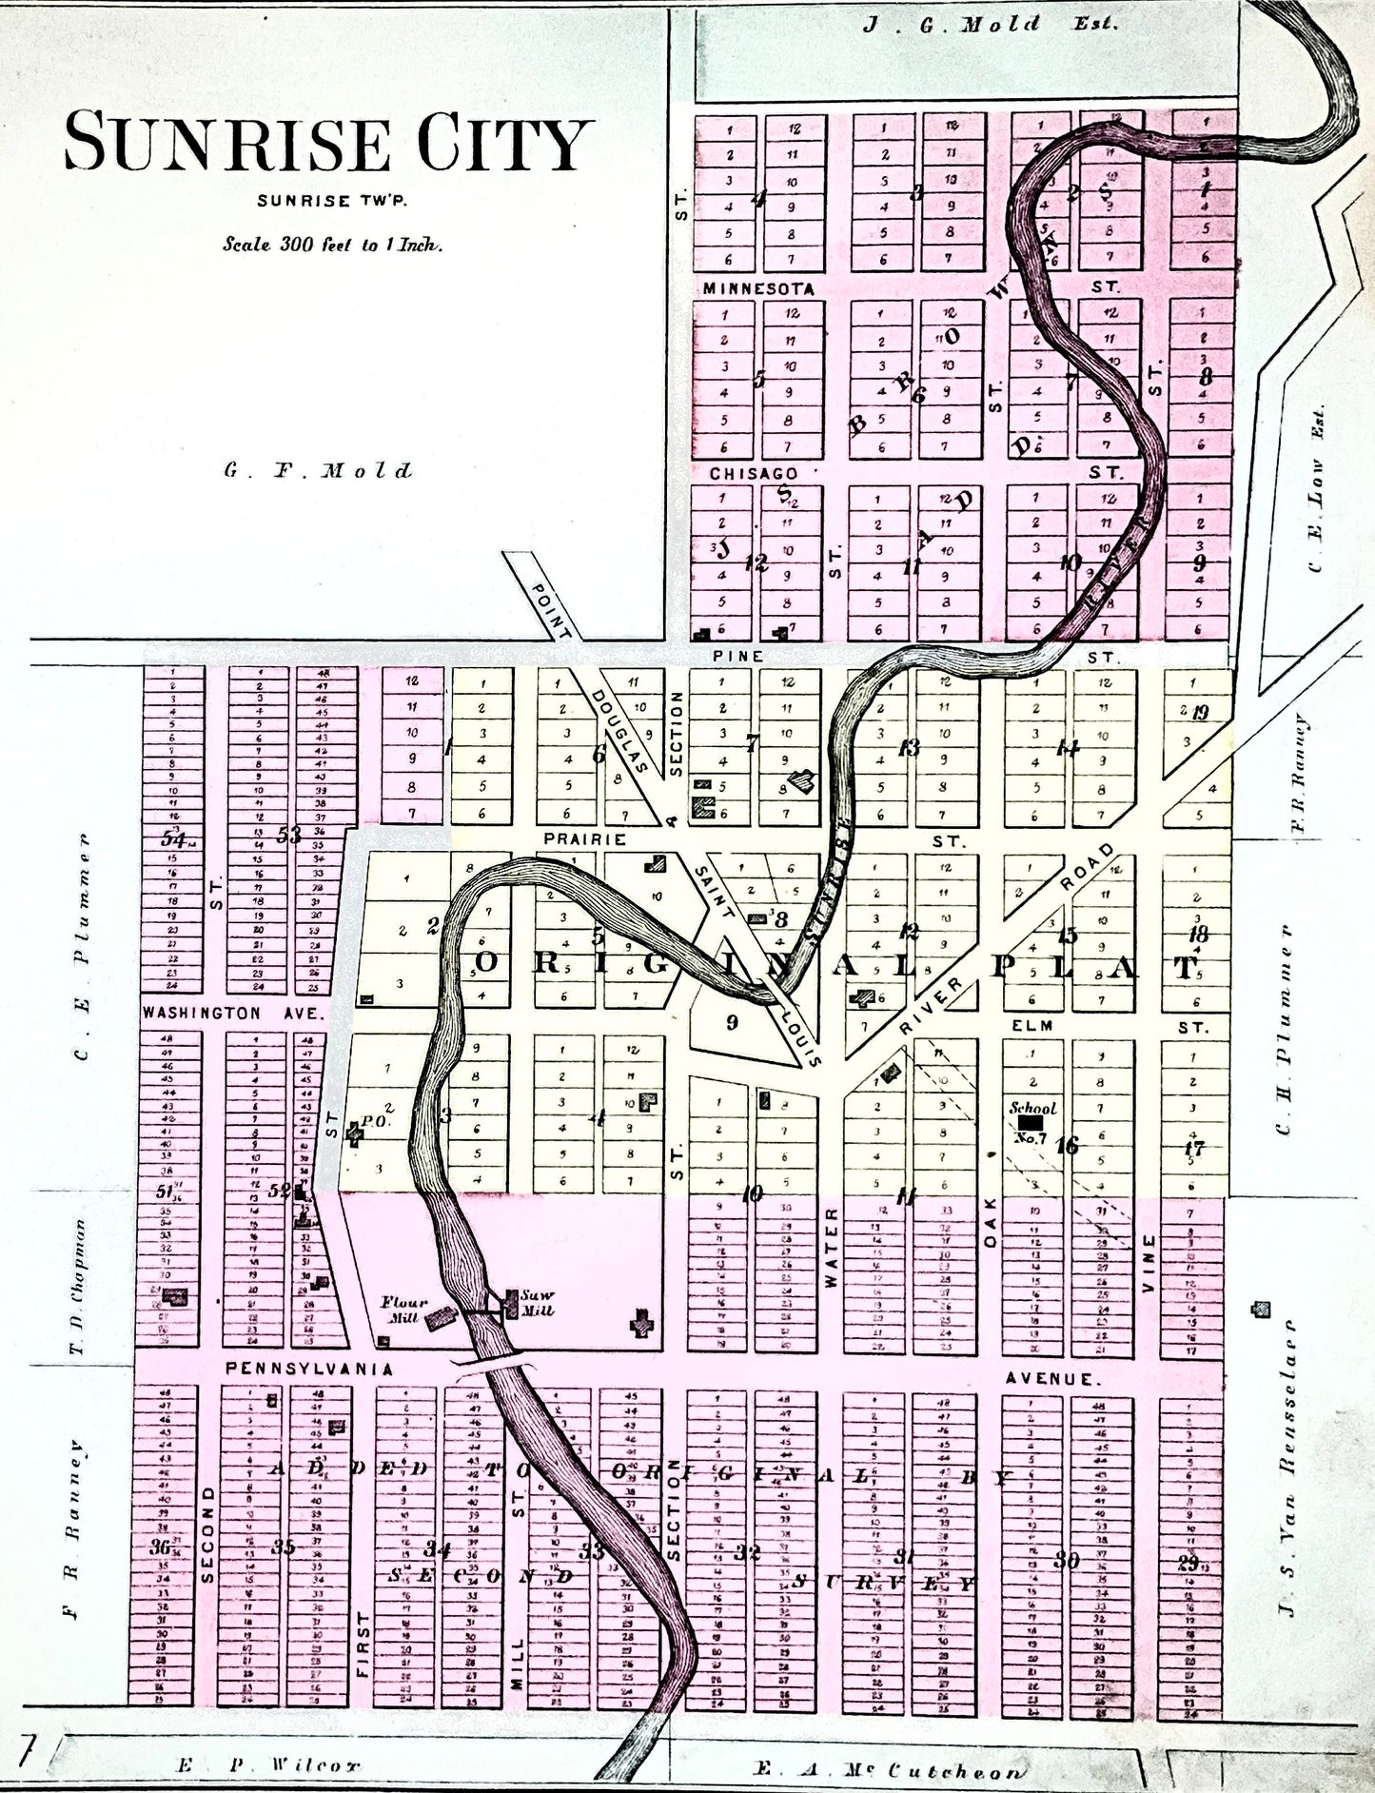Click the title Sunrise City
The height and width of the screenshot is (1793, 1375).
click(323, 144)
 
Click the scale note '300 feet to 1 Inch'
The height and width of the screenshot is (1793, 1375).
click(333, 244)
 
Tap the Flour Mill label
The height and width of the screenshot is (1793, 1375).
click(405, 1310)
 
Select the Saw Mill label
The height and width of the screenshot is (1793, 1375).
click(537, 1302)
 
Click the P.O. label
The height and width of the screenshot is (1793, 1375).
click(374, 1120)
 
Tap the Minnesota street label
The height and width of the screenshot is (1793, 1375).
click(758, 288)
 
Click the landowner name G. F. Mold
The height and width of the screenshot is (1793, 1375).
click(319, 470)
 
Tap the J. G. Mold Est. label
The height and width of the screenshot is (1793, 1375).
click(991, 24)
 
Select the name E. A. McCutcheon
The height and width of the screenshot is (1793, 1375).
click(891, 1771)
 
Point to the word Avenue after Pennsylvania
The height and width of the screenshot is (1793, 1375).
click(1052, 1378)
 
